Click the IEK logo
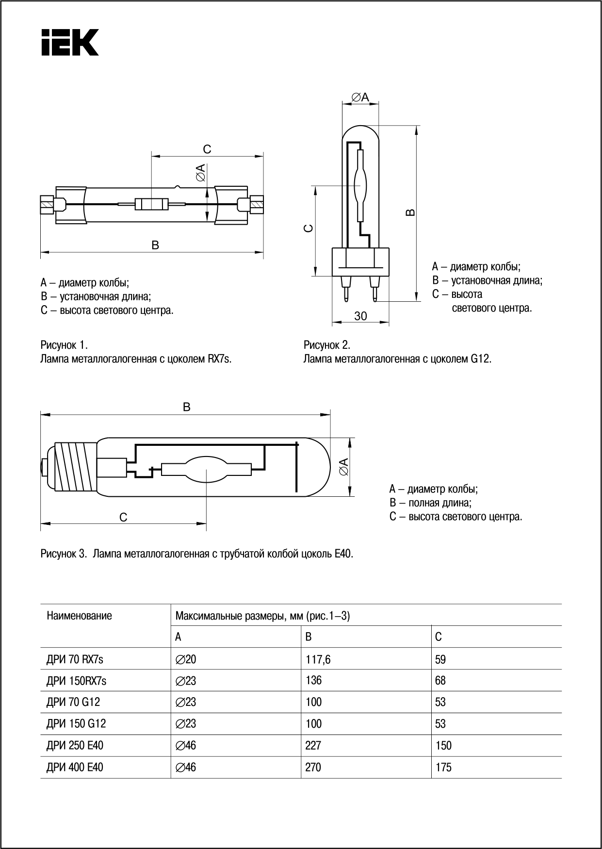pyautogui.click(x=70, y=42)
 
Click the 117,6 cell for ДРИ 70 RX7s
pyautogui.click(x=318, y=659)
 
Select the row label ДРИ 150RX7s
pyautogui.click(x=76, y=681)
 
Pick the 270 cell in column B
pyautogui.click(x=313, y=767)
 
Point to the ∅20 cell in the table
pyautogui.click(x=186, y=659)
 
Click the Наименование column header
pyautogui.click(x=79, y=616)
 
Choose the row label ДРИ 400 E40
pyautogui.click(x=75, y=767)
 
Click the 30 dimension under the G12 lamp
pyautogui.click(x=360, y=316)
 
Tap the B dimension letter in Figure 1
pyautogui.click(x=155, y=245)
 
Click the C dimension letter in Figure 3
pyautogui.click(x=123, y=517)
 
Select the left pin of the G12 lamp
pyautogui.click(x=346, y=290)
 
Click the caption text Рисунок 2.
pyautogui.click(x=326, y=345)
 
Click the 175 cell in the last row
pyautogui.click(x=443, y=767)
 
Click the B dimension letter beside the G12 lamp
pyautogui.click(x=410, y=212)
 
